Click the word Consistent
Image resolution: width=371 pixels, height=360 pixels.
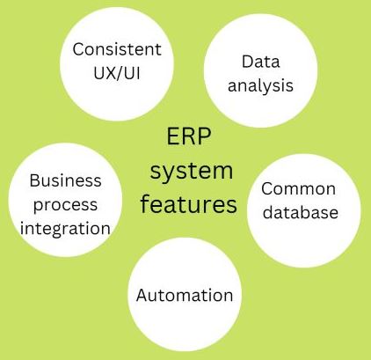[x=117, y=49]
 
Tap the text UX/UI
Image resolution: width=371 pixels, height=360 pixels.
[x=117, y=72]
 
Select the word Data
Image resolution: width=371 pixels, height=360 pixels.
[x=260, y=62]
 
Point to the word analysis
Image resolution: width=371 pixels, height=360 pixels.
[x=260, y=85]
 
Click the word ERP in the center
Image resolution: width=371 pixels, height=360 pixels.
[x=189, y=136]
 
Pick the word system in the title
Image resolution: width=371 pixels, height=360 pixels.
[x=192, y=171]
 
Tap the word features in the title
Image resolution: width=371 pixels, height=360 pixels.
[x=189, y=204]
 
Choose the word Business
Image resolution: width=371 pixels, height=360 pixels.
[x=65, y=180]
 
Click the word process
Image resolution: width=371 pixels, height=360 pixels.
[x=65, y=205]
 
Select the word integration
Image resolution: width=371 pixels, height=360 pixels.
[x=65, y=229]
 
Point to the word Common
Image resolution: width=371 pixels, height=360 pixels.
[x=298, y=188]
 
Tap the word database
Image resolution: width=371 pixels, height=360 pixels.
[x=301, y=212]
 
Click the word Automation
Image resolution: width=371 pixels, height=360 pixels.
[x=185, y=295]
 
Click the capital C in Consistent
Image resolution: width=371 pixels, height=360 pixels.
[x=77, y=49]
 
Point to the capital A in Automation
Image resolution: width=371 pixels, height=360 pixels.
[x=142, y=295]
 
